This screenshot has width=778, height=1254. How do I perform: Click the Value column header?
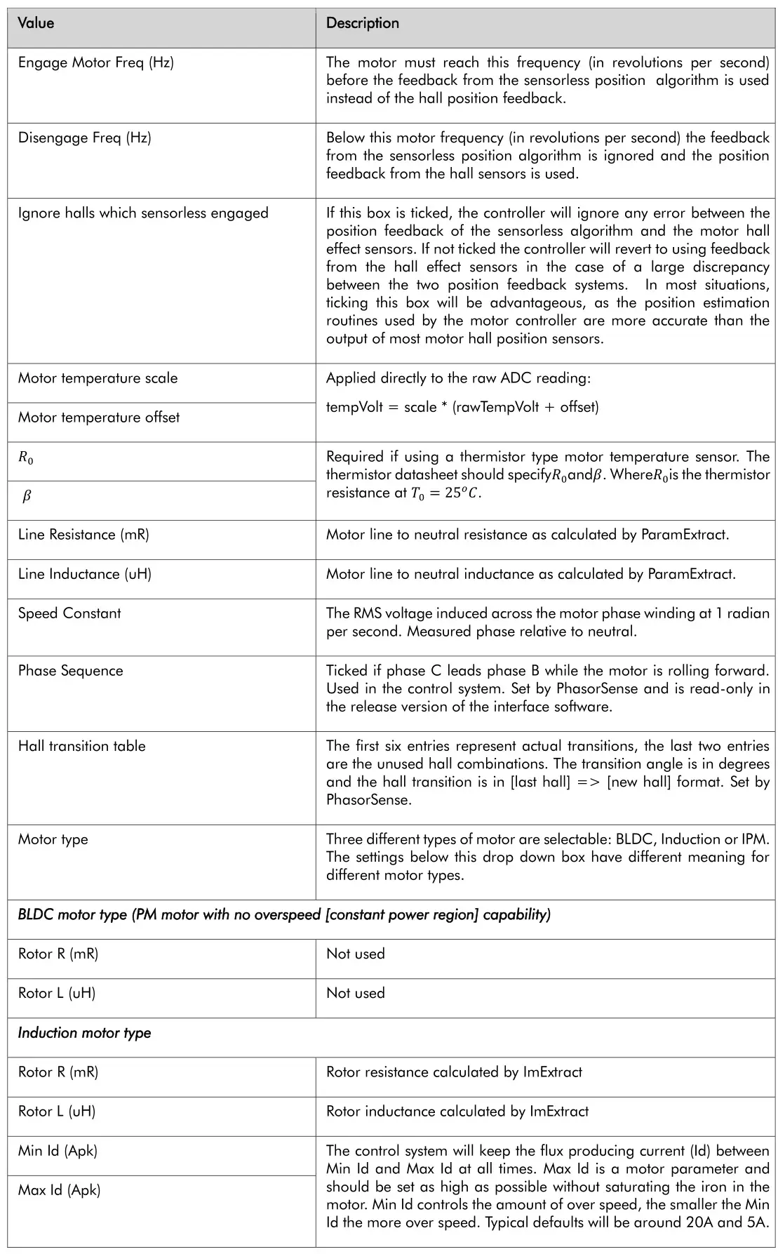click(36, 23)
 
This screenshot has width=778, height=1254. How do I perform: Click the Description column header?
click(362, 23)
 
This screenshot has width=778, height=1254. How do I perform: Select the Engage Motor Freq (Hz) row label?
click(96, 62)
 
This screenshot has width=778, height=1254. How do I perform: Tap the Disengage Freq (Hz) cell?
click(84, 138)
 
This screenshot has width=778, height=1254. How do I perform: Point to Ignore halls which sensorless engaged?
click(143, 213)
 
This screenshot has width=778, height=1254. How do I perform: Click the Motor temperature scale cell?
click(98, 378)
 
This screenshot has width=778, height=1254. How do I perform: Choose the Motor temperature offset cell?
click(99, 418)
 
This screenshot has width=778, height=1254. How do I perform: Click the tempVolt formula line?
click(462, 407)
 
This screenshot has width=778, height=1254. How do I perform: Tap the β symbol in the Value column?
click(27, 497)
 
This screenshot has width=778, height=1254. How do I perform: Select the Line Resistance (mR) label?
click(83, 535)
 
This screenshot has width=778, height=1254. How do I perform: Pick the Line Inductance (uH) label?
click(85, 574)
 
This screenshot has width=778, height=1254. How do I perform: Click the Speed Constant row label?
click(69, 613)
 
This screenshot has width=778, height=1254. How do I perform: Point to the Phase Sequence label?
click(70, 671)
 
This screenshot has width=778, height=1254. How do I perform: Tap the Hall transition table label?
click(82, 746)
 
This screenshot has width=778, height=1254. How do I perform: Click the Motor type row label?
click(53, 839)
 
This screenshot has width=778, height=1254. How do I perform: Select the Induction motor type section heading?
click(85, 1033)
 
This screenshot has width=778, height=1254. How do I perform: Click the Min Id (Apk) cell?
click(58, 1151)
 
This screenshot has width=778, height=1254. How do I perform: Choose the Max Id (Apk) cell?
click(59, 1190)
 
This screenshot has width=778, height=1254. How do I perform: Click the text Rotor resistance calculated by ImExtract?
click(454, 1072)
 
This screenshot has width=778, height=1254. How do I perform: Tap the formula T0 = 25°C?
click(446, 493)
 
